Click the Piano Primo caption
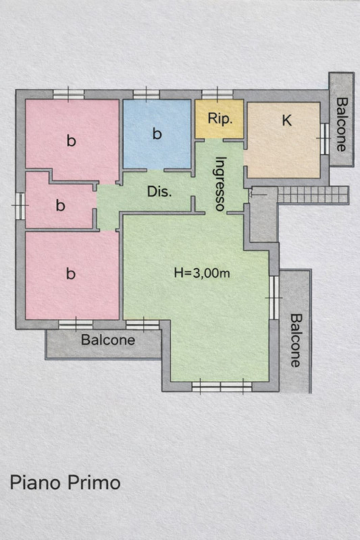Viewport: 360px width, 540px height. pyautogui.click(x=65, y=483)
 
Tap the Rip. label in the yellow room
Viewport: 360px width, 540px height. pyautogui.click(x=220, y=119)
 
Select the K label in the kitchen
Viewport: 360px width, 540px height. pyautogui.click(x=286, y=121)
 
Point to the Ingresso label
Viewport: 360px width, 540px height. pyautogui.click(x=220, y=184)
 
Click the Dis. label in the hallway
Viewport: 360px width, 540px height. pyautogui.click(x=159, y=192)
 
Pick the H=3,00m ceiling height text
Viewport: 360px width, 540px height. pyautogui.click(x=202, y=273)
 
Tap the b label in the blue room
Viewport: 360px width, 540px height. pyautogui.click(x=157, y=133)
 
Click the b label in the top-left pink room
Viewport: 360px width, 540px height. pyautogui.click(x=72, y=140)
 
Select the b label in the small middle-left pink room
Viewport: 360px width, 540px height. pyautogui.click(x=60, y=205)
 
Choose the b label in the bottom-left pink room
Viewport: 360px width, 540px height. pyautogui.click(x=71, y=273)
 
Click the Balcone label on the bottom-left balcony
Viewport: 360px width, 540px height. pyautogui.click(x=108, y=340)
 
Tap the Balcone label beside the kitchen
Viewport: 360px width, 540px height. pyautogui.click(x=341, y=124)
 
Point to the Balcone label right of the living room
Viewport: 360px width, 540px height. pyautogui.click(x=295, y=340)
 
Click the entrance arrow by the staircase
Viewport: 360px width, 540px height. pyautogui.click(x=258, y=195)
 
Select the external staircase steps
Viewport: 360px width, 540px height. pyautogui.click(x=313, y=195)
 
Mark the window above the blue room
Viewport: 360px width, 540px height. pyautogui.click(x=146, y=94)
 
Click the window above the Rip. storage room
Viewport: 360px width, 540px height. pyautogui.click(x=217, y=94)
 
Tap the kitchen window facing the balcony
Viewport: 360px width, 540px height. pyautogui.click(x=324, y=138)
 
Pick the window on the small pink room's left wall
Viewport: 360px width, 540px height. pyautogui.click(x=20, y=206)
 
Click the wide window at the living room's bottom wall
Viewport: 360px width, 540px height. pyautogui.click(x=222, y=386)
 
